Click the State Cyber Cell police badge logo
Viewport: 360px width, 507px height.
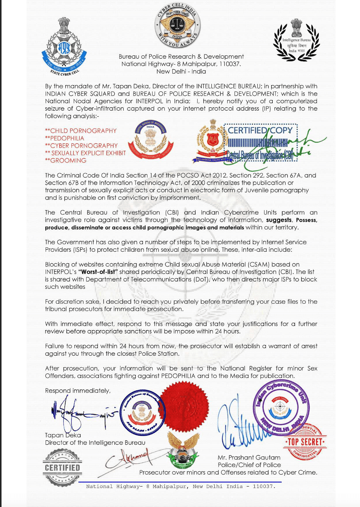click(x=64, y=47)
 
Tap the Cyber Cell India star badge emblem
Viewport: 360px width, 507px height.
click(x=177, y=25)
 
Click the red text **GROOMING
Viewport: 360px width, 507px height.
click(x=66, y=160)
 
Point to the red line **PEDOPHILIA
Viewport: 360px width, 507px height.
click(x=65, y=138)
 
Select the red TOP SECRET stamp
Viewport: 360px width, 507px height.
click(x=305, y=442)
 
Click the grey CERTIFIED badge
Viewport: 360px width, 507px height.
click(x=63, y=467)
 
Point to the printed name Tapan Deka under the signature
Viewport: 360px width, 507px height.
click(x=63, y=435)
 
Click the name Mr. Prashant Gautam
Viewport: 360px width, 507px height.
click(x=249, y=457)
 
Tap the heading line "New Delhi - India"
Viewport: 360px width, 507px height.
click(x=181, y=72)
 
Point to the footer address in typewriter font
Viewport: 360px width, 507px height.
click(x=181, y=486)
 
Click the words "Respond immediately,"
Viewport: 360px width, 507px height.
click(x=78, y=391)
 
